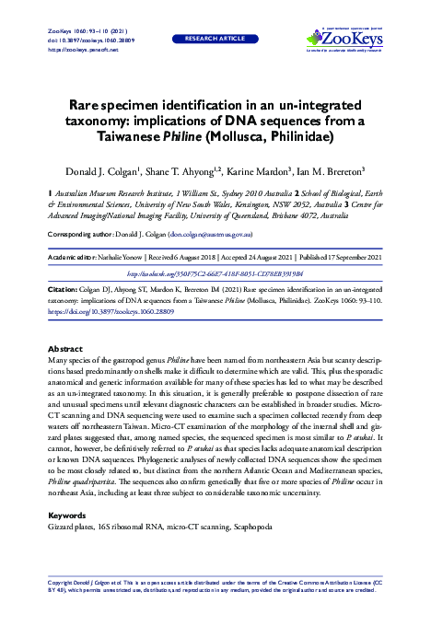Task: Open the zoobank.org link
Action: tap(215, 273)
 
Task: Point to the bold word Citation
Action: tap(62, 288)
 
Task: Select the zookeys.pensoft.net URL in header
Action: tap(79, 49)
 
